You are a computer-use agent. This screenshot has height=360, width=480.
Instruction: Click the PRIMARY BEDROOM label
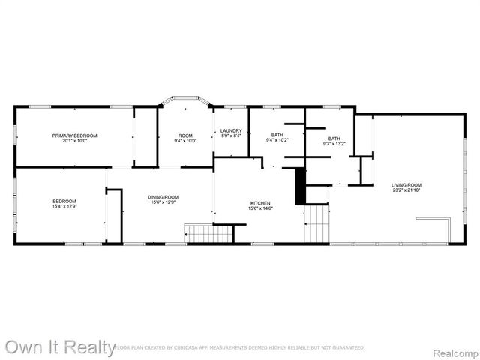pos(75,136)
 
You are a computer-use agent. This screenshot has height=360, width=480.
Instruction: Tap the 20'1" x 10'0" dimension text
pos(75,141)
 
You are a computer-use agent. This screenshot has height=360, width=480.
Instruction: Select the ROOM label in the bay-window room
pos(185,136)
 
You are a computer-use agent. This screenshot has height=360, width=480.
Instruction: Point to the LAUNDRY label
pos(231,131)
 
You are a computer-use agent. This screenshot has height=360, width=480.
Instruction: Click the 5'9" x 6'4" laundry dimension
pos(231,136)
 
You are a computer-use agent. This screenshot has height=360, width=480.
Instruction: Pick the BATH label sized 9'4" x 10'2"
pos(277,135)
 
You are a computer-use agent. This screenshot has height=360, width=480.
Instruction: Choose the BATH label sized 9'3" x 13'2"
pos(334,139)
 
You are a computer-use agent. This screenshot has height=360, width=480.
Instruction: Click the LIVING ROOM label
pos(406,185)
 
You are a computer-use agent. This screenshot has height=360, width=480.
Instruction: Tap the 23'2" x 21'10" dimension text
pos(406,190)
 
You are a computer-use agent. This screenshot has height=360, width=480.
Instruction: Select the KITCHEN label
pos(260,203)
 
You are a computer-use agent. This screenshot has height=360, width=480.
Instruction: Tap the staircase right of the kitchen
pos(316,223)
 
